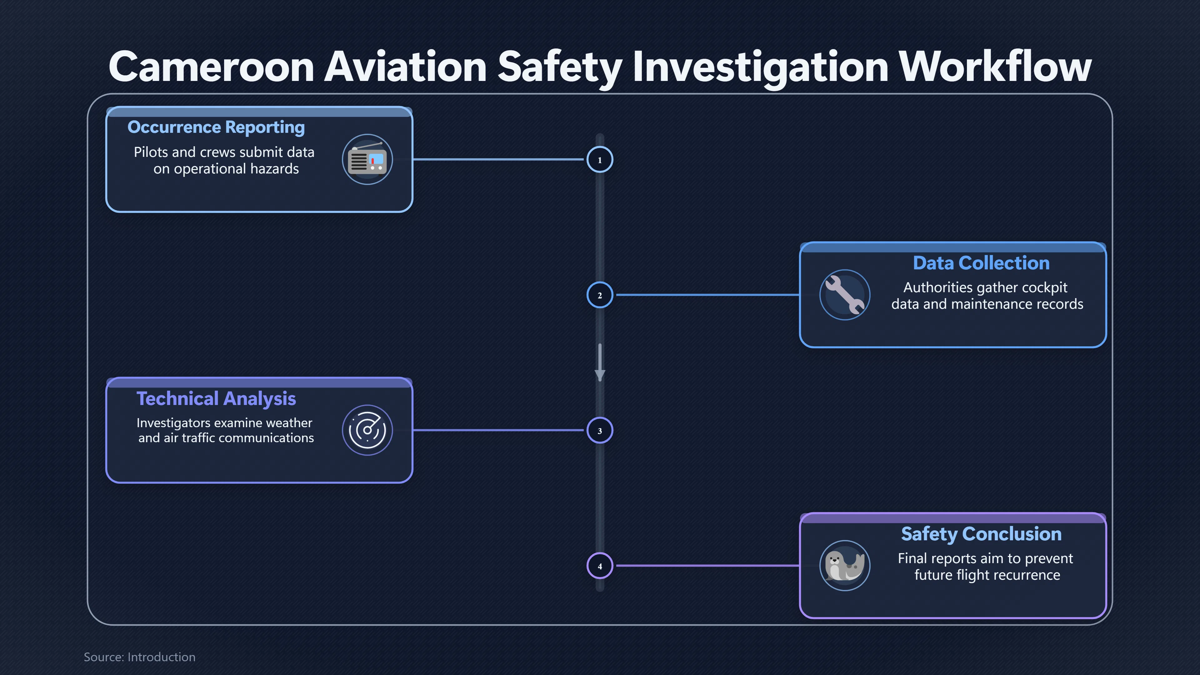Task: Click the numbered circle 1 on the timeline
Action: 600,160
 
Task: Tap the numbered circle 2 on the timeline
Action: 600,295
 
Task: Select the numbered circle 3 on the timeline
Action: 600,430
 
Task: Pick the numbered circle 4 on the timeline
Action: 600,566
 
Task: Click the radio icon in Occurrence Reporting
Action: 367,159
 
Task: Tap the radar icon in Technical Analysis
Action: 367,430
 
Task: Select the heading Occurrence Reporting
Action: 216,127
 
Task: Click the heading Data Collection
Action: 981,263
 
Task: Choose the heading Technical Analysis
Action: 216,399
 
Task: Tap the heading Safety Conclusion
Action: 981,534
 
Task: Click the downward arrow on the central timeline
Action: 600,362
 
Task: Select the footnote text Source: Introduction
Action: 140,657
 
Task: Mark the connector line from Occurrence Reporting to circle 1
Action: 498,159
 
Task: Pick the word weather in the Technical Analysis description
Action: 289,423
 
